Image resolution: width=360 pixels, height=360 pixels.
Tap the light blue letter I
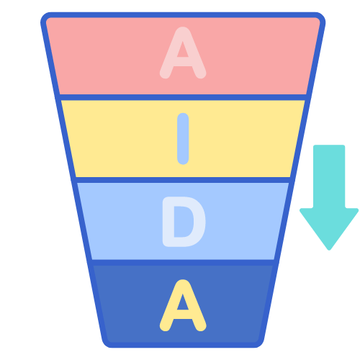pyautogui.click(x=183, y=139)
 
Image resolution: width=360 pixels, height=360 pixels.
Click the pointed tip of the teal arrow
pyautogui.click(x=329, y=250)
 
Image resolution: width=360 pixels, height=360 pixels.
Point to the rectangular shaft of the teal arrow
pyautogui.click(x=329, y=176)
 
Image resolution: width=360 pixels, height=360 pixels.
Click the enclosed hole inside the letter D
pyautogui.click(x=183, y=222)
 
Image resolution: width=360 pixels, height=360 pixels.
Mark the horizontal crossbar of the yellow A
pyautogui.click(x=183, y=315)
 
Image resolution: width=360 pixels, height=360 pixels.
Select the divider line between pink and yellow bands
pyautogui.click(x=183, y=97)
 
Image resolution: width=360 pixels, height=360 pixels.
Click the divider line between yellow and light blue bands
pyautogui.click(x=183, y=180)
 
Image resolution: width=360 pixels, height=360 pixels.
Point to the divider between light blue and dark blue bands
pyautogui.click(x=183, y=263)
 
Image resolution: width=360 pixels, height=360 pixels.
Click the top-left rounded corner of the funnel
pyautogui.click(x=45, y=17)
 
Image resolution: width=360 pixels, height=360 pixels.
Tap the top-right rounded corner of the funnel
pyautogui.click(x=320, y=17)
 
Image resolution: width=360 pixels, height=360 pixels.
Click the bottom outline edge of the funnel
pyautogui.click(x=183, y=345)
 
